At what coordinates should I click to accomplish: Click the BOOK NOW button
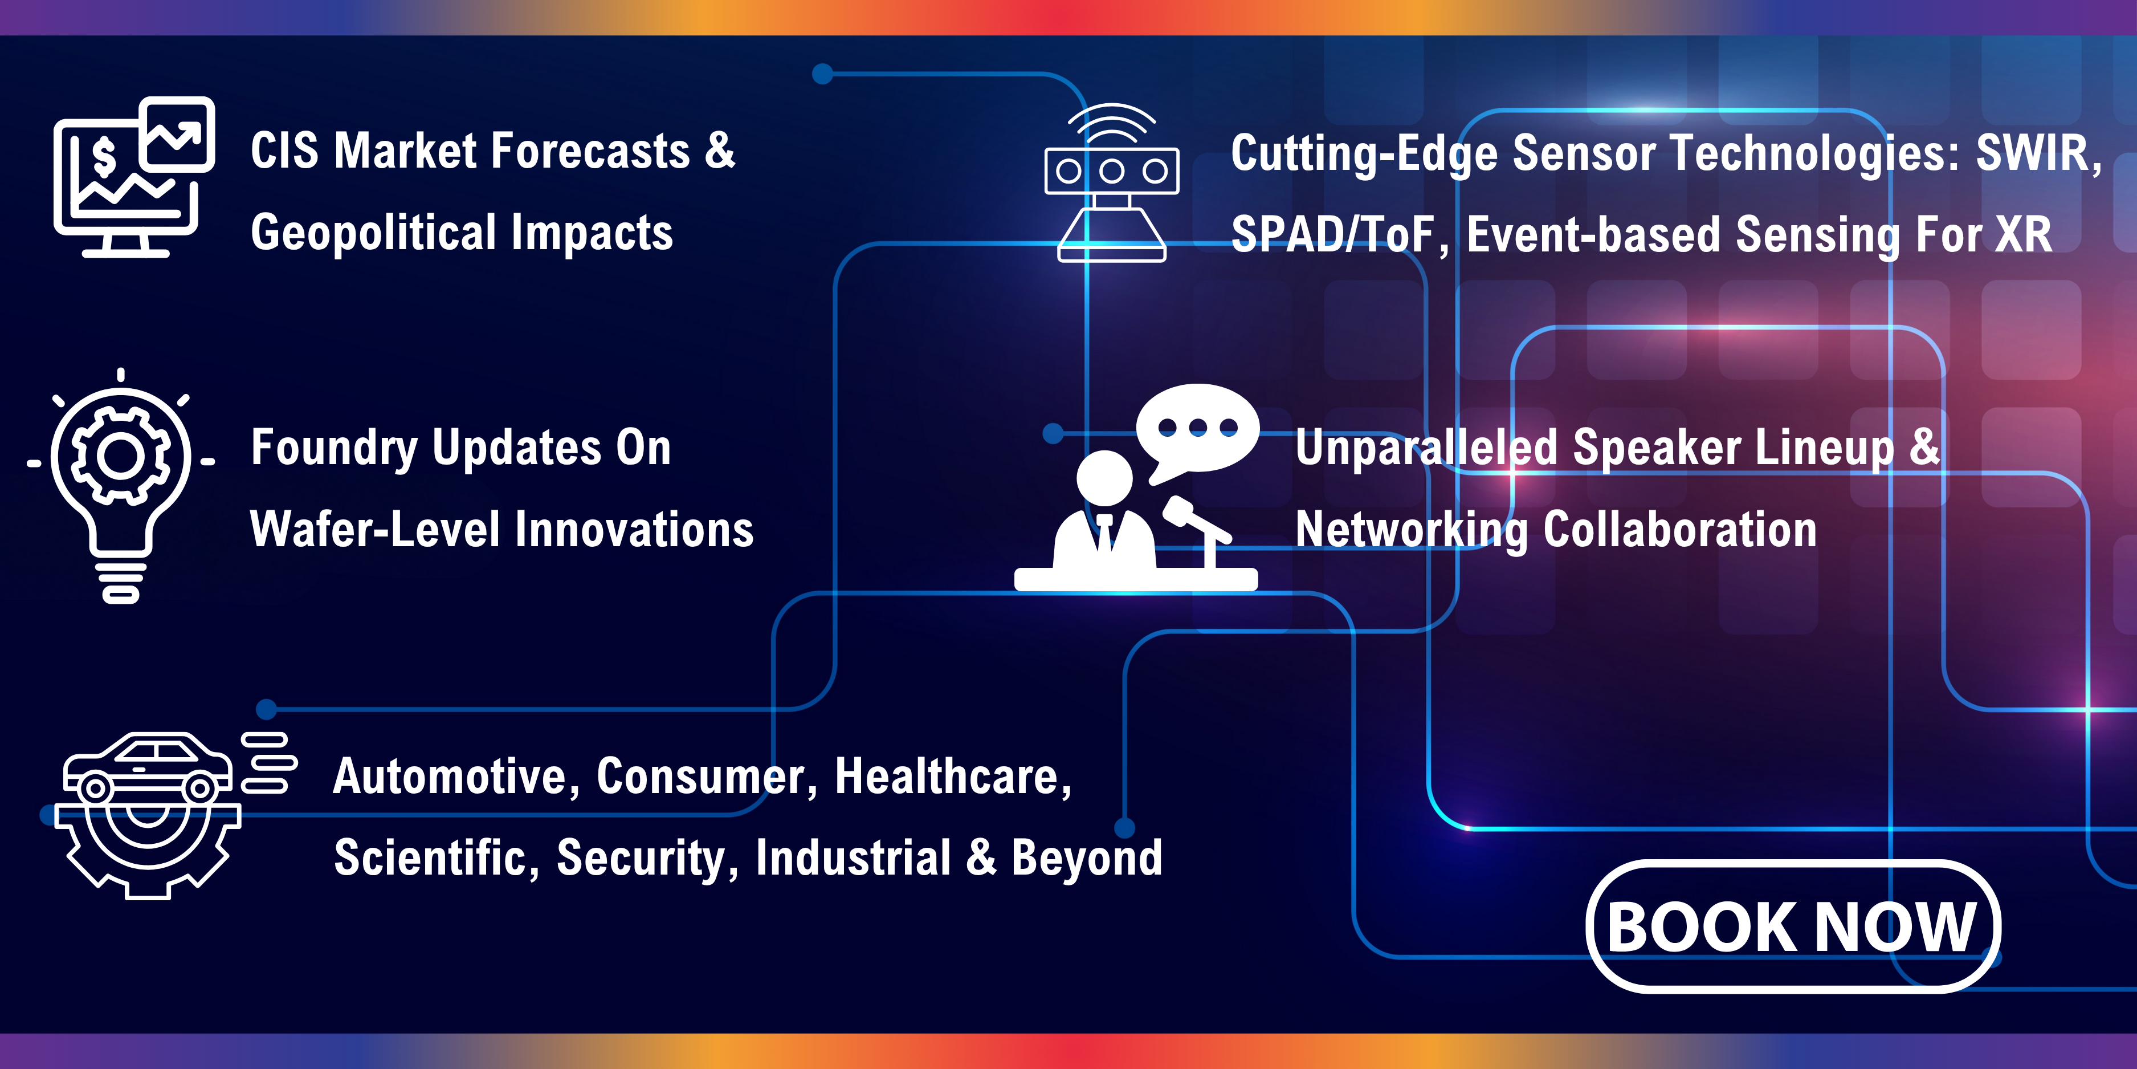1793,926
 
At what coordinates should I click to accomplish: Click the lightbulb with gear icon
121,486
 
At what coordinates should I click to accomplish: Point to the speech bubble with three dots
1197,432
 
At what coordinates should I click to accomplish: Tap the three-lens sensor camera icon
1112,182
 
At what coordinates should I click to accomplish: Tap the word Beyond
1087,858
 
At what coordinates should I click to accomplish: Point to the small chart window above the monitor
177,133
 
